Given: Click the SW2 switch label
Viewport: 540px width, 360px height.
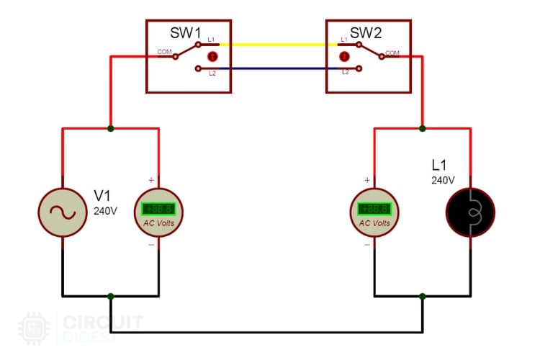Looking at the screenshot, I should pyautogui.click(x=364, y=33).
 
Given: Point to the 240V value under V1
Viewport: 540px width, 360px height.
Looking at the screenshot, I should pyautogui.click(x=105, y=212).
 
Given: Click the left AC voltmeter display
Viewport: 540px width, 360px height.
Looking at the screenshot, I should pyautogui.click(x=158, y=210).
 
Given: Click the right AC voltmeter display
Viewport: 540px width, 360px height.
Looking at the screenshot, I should pyautogui.click(x=374, y=210).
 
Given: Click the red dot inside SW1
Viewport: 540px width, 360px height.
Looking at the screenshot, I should pyautogui.click(x=212, y=56).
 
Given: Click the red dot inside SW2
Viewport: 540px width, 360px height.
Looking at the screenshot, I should pyautogui.click(x=345, y=56).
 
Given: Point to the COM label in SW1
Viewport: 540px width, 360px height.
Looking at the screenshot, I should pyautogui.click(x=164, y=51).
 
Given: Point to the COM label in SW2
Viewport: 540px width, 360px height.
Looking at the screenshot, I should pyautogui.click(x=392, y=53).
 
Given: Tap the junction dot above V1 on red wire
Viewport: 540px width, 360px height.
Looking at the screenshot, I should pyautogui.click(x=110, y=129).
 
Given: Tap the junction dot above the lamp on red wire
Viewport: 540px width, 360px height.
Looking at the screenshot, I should pyautogui.click(x=422, y=129).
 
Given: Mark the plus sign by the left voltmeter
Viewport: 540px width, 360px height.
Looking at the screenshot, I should pyautogui.click(x=150, y=179).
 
